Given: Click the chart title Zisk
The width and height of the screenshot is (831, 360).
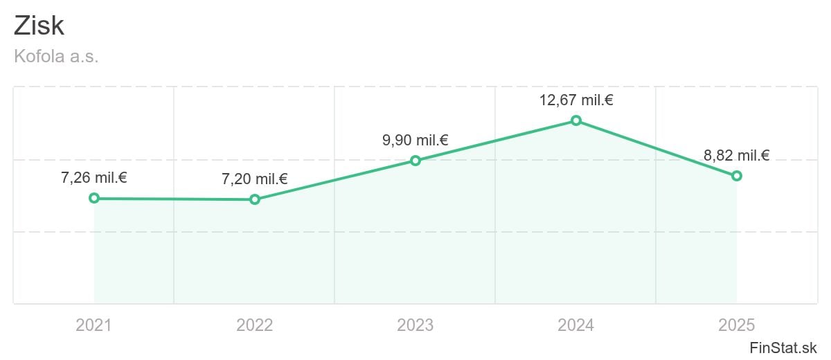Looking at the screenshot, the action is [39, 26].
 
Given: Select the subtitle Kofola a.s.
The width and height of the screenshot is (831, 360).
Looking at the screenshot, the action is [56, 56].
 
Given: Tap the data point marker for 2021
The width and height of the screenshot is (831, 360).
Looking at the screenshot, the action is [94, 199].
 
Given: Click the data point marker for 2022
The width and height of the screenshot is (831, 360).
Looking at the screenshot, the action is [255, 199].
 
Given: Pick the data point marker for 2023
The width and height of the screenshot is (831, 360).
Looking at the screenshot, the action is [415, 161].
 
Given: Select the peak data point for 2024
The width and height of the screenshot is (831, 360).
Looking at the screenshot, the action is [576, 120].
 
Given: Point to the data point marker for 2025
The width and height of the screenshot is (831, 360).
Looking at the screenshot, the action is [737, 176].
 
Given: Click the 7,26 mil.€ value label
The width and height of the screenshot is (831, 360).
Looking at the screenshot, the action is [94, 178].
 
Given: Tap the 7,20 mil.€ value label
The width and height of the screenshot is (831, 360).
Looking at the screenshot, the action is [255, 179].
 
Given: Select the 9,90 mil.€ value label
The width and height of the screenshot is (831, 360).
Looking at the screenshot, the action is [415, 140].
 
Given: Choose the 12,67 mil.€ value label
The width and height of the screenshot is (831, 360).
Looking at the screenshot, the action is [576, 100].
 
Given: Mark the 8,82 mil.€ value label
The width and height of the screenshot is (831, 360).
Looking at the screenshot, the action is [737, 155].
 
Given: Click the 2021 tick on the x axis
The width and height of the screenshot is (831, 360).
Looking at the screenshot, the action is [94, 325].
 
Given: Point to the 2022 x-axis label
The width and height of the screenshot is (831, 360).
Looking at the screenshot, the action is [255, 325].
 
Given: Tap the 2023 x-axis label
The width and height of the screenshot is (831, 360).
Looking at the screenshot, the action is [415, 325].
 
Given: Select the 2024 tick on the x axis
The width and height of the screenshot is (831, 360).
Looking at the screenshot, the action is [575, 325].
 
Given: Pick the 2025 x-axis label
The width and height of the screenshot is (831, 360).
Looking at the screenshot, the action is [736, 325].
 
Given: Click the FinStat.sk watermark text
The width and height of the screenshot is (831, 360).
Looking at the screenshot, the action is [783, 348].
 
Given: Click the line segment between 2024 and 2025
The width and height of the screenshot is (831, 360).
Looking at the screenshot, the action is [656, 148].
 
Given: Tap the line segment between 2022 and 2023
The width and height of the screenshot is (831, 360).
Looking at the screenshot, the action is [335, 180].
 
